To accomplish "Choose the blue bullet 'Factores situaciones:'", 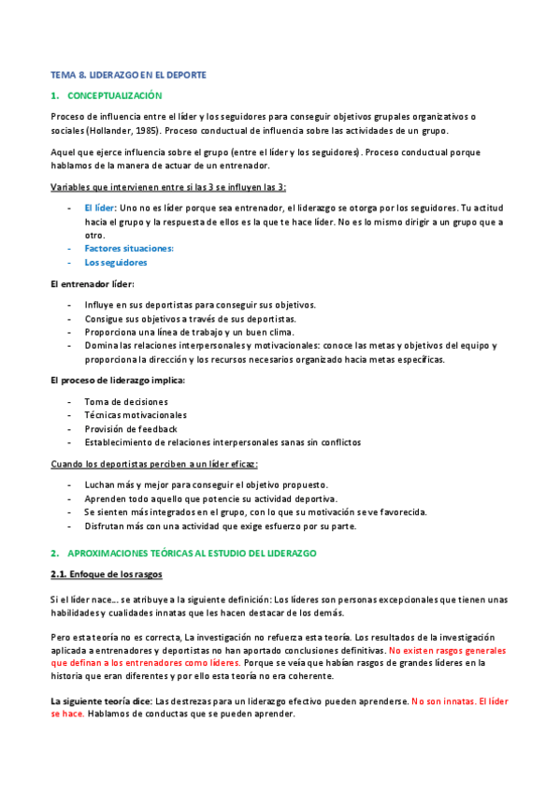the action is [129, 248].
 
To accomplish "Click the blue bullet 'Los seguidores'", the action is [115, 263].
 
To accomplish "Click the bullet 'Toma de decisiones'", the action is [126, 401].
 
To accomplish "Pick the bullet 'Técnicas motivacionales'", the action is [136, 415].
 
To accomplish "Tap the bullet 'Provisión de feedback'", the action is [131, 428].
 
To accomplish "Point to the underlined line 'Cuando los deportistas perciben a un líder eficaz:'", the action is [154, 464].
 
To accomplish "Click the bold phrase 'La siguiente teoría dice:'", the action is [102, 700].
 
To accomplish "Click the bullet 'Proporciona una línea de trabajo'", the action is [190, 332].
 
